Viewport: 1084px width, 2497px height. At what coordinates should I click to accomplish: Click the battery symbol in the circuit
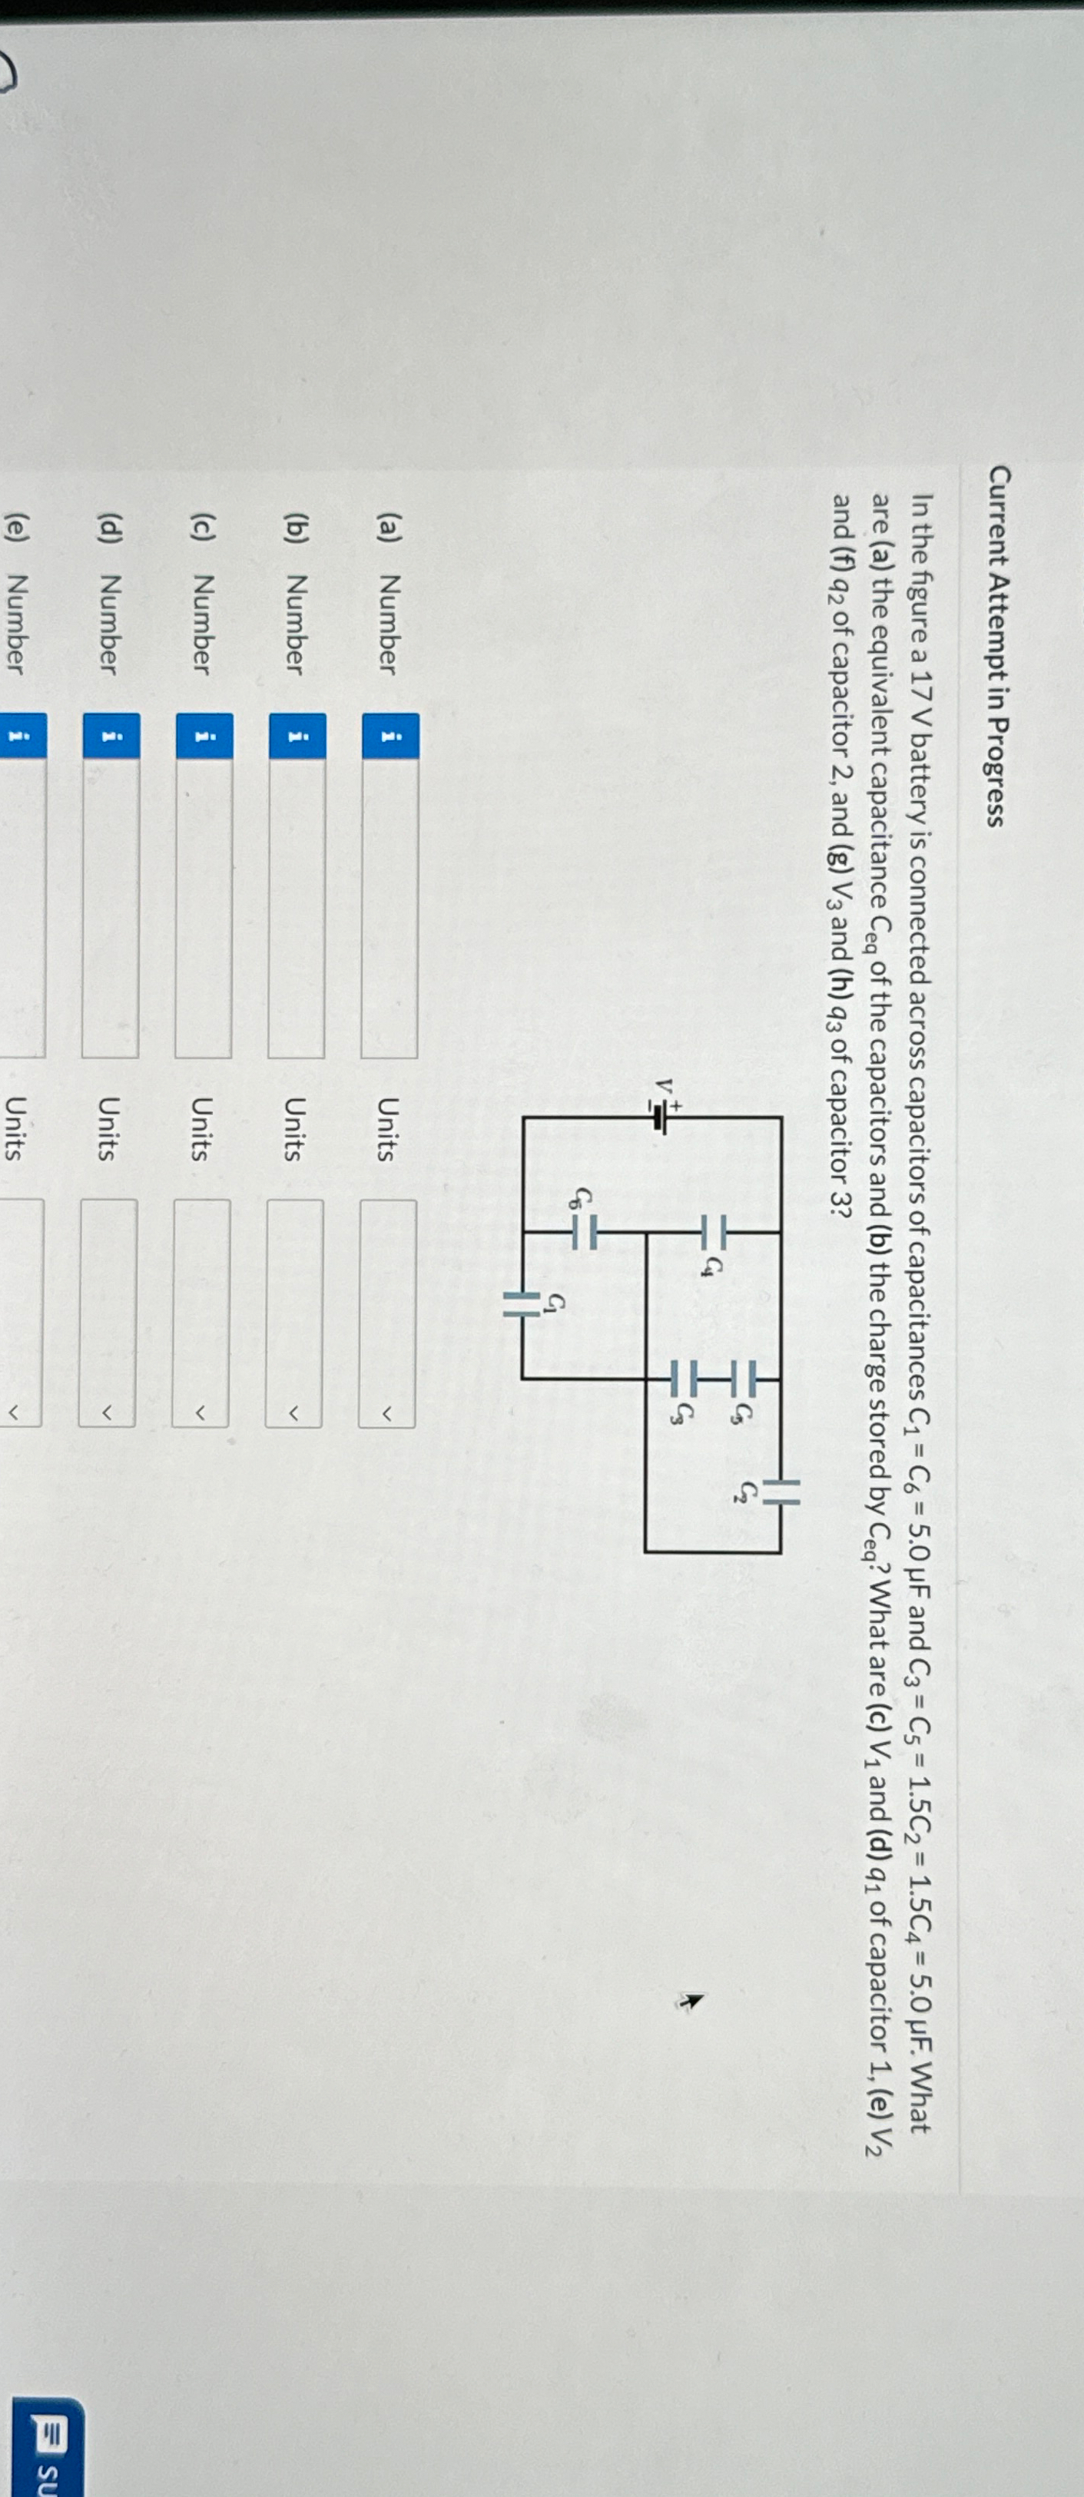(x=659, y=1118)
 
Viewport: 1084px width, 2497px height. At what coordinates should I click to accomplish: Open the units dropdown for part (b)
(x=293, y=1313)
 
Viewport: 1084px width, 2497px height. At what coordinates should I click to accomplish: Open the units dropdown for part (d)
(x=107, y=1313)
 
